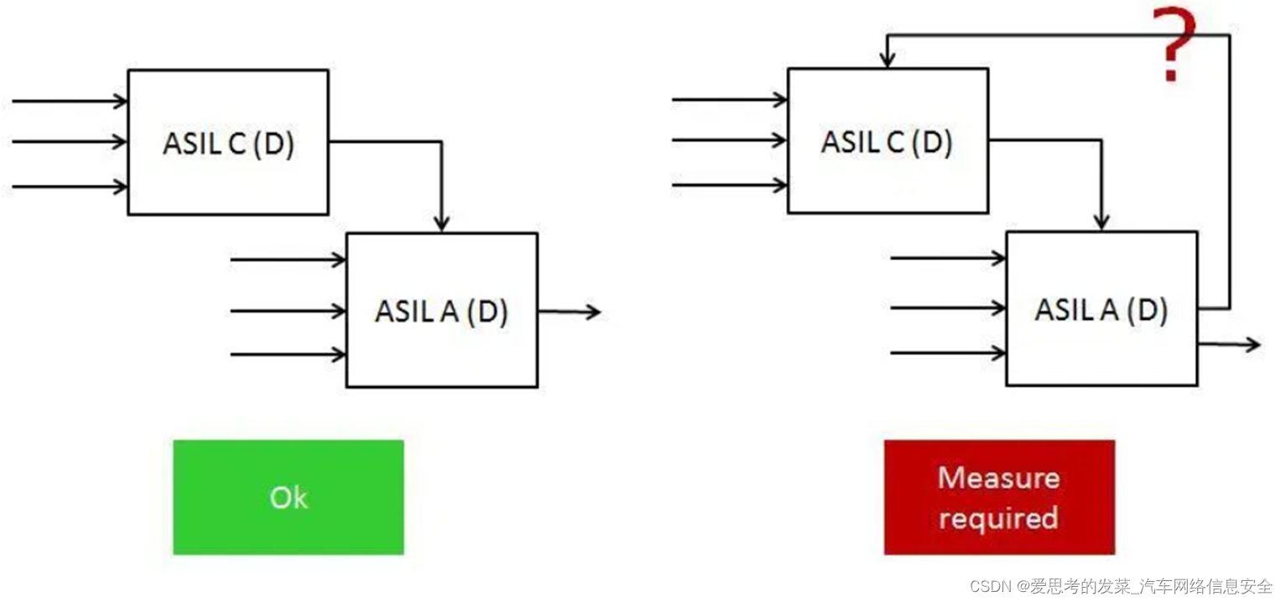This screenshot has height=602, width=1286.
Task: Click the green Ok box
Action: coord(288,497)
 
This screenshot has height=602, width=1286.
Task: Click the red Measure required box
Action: coord(998,497)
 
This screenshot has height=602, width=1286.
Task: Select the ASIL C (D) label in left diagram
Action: coord(228,144)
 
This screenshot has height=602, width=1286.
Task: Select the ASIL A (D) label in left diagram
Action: coord(441,311)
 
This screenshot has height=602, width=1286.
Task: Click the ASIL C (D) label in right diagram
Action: coord(887,142)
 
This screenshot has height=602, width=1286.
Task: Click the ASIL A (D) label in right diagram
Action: coord(1101,310)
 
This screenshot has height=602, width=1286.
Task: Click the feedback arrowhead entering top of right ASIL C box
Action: coord(887,60)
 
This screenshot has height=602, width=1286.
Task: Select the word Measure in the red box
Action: coord(998,478)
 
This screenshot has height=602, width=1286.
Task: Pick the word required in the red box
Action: coord(998,517)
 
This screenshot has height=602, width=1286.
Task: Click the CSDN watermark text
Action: coord(1121,586)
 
